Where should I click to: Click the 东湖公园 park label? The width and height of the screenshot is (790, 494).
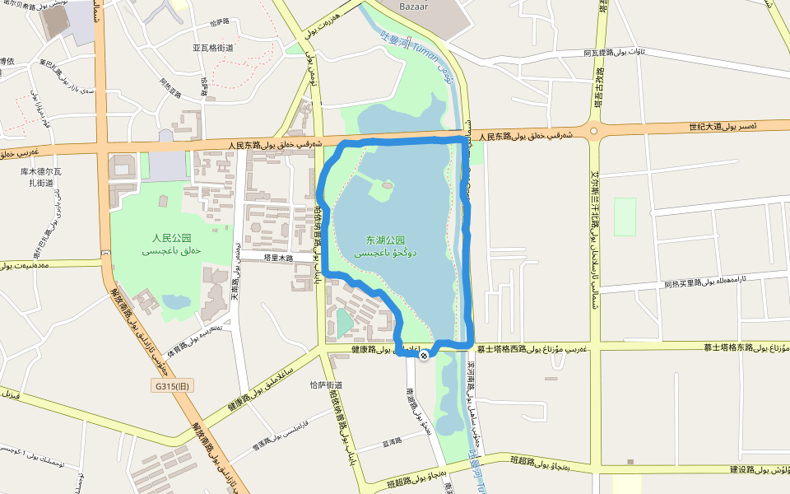[x=386, y=240]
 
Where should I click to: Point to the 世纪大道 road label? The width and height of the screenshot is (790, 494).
[x=705, y=127]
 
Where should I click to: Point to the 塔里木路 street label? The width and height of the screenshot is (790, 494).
[x=278, y=258]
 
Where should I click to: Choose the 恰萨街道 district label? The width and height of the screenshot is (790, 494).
[x=325, y=384]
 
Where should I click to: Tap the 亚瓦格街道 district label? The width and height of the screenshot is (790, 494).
[x=213, y=48]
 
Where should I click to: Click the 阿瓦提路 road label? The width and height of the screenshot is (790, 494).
[x=599, y=53]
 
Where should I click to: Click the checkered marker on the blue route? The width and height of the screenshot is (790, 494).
[x=424, y=356]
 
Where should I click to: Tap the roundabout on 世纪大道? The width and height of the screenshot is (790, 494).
[x=592, y=130]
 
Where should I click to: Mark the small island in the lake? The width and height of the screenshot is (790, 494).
[x=383, y=191]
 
